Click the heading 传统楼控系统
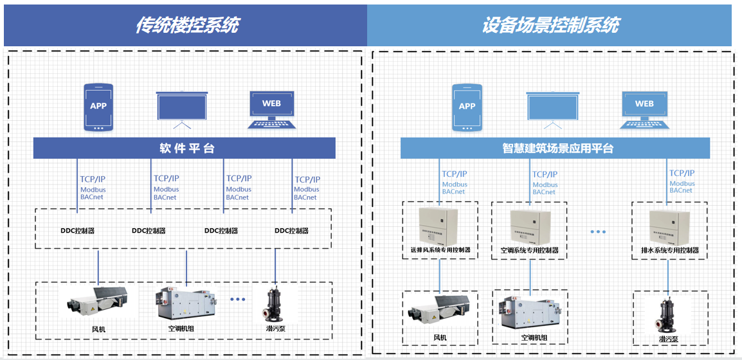point(186,24)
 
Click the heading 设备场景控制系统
point(550,24)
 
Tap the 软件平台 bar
point(185,148)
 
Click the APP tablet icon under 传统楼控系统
point(98,107)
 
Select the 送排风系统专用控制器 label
point(440,249)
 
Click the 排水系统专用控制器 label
point(669,250)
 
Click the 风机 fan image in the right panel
point(440,311)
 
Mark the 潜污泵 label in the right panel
point(669,339)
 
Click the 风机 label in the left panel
point(98,329)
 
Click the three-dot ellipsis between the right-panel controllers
point(598,231)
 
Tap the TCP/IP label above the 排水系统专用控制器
point(682,174)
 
